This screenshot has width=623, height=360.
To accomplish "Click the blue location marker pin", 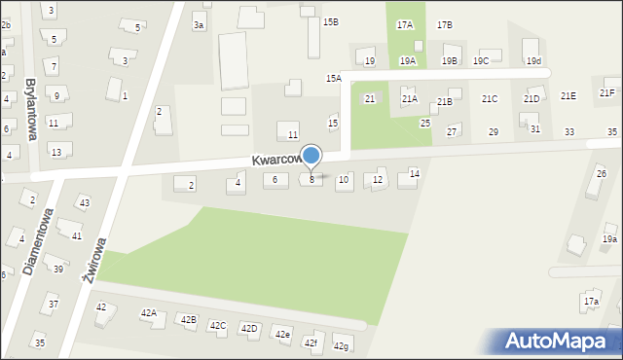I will pos(311,157).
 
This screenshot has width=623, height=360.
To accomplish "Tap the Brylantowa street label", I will pos(30,109).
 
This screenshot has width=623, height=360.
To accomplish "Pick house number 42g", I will pos(341,346).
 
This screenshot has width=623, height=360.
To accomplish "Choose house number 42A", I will pos(148,313).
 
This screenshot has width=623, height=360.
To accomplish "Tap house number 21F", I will pos(606,93).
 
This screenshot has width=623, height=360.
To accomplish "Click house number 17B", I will pos(445,24).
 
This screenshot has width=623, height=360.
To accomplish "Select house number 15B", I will pos(331,21).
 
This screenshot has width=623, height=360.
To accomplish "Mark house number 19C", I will pos(481,61).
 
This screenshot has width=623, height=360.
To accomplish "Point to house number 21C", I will pos(490,98).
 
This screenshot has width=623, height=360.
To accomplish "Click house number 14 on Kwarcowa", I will pos(414,173).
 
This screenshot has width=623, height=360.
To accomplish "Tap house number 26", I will pos(601,173).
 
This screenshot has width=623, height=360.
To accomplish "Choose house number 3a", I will pos(199,25).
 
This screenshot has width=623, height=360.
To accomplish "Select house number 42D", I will pos(249,329).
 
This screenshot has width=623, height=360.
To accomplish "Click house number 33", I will pos(569,131).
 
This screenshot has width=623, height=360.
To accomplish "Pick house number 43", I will pos(85,202).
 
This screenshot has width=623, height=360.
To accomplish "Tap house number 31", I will pos(535,128).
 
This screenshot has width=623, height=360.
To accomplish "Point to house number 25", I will pos(425,124).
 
